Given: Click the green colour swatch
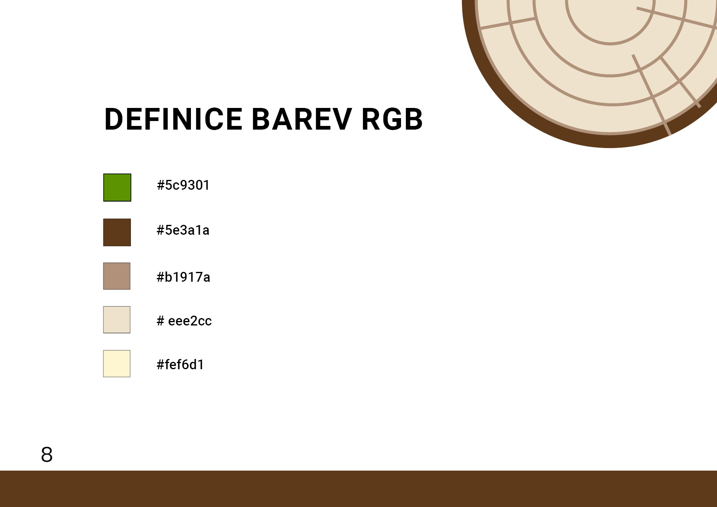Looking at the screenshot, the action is click(x=117, y=188).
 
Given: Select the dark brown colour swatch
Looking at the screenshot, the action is click(x=117, y=232).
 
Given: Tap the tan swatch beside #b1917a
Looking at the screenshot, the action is click(x=117, y=276).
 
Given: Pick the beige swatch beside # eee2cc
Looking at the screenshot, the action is click(x=117, y=320).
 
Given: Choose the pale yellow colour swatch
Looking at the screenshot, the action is click(x=117, y=363).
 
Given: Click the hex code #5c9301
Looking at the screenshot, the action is click(x=183, y=185).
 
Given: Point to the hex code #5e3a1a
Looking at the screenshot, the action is click(x=183, y=230).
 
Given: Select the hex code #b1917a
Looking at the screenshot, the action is click(x=184, y=277).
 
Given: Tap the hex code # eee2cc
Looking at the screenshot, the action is click(x=184, y=321).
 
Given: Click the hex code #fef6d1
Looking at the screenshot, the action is click(x=180, y=364).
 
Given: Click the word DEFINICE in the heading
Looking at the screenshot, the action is click(x=174, y=119).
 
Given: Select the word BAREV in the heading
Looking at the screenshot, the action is click(x=302, y=119).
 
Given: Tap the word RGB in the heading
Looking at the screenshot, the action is click(x=392, y=119).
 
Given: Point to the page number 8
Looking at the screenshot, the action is click(x=47, y=455).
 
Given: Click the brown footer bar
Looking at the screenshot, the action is click(x=358, y=489).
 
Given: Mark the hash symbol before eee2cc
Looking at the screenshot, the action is click(x=161, y=321).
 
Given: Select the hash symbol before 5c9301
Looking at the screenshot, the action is click(x=161, y=185).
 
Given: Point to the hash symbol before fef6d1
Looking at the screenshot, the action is click(x=161, y=364).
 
